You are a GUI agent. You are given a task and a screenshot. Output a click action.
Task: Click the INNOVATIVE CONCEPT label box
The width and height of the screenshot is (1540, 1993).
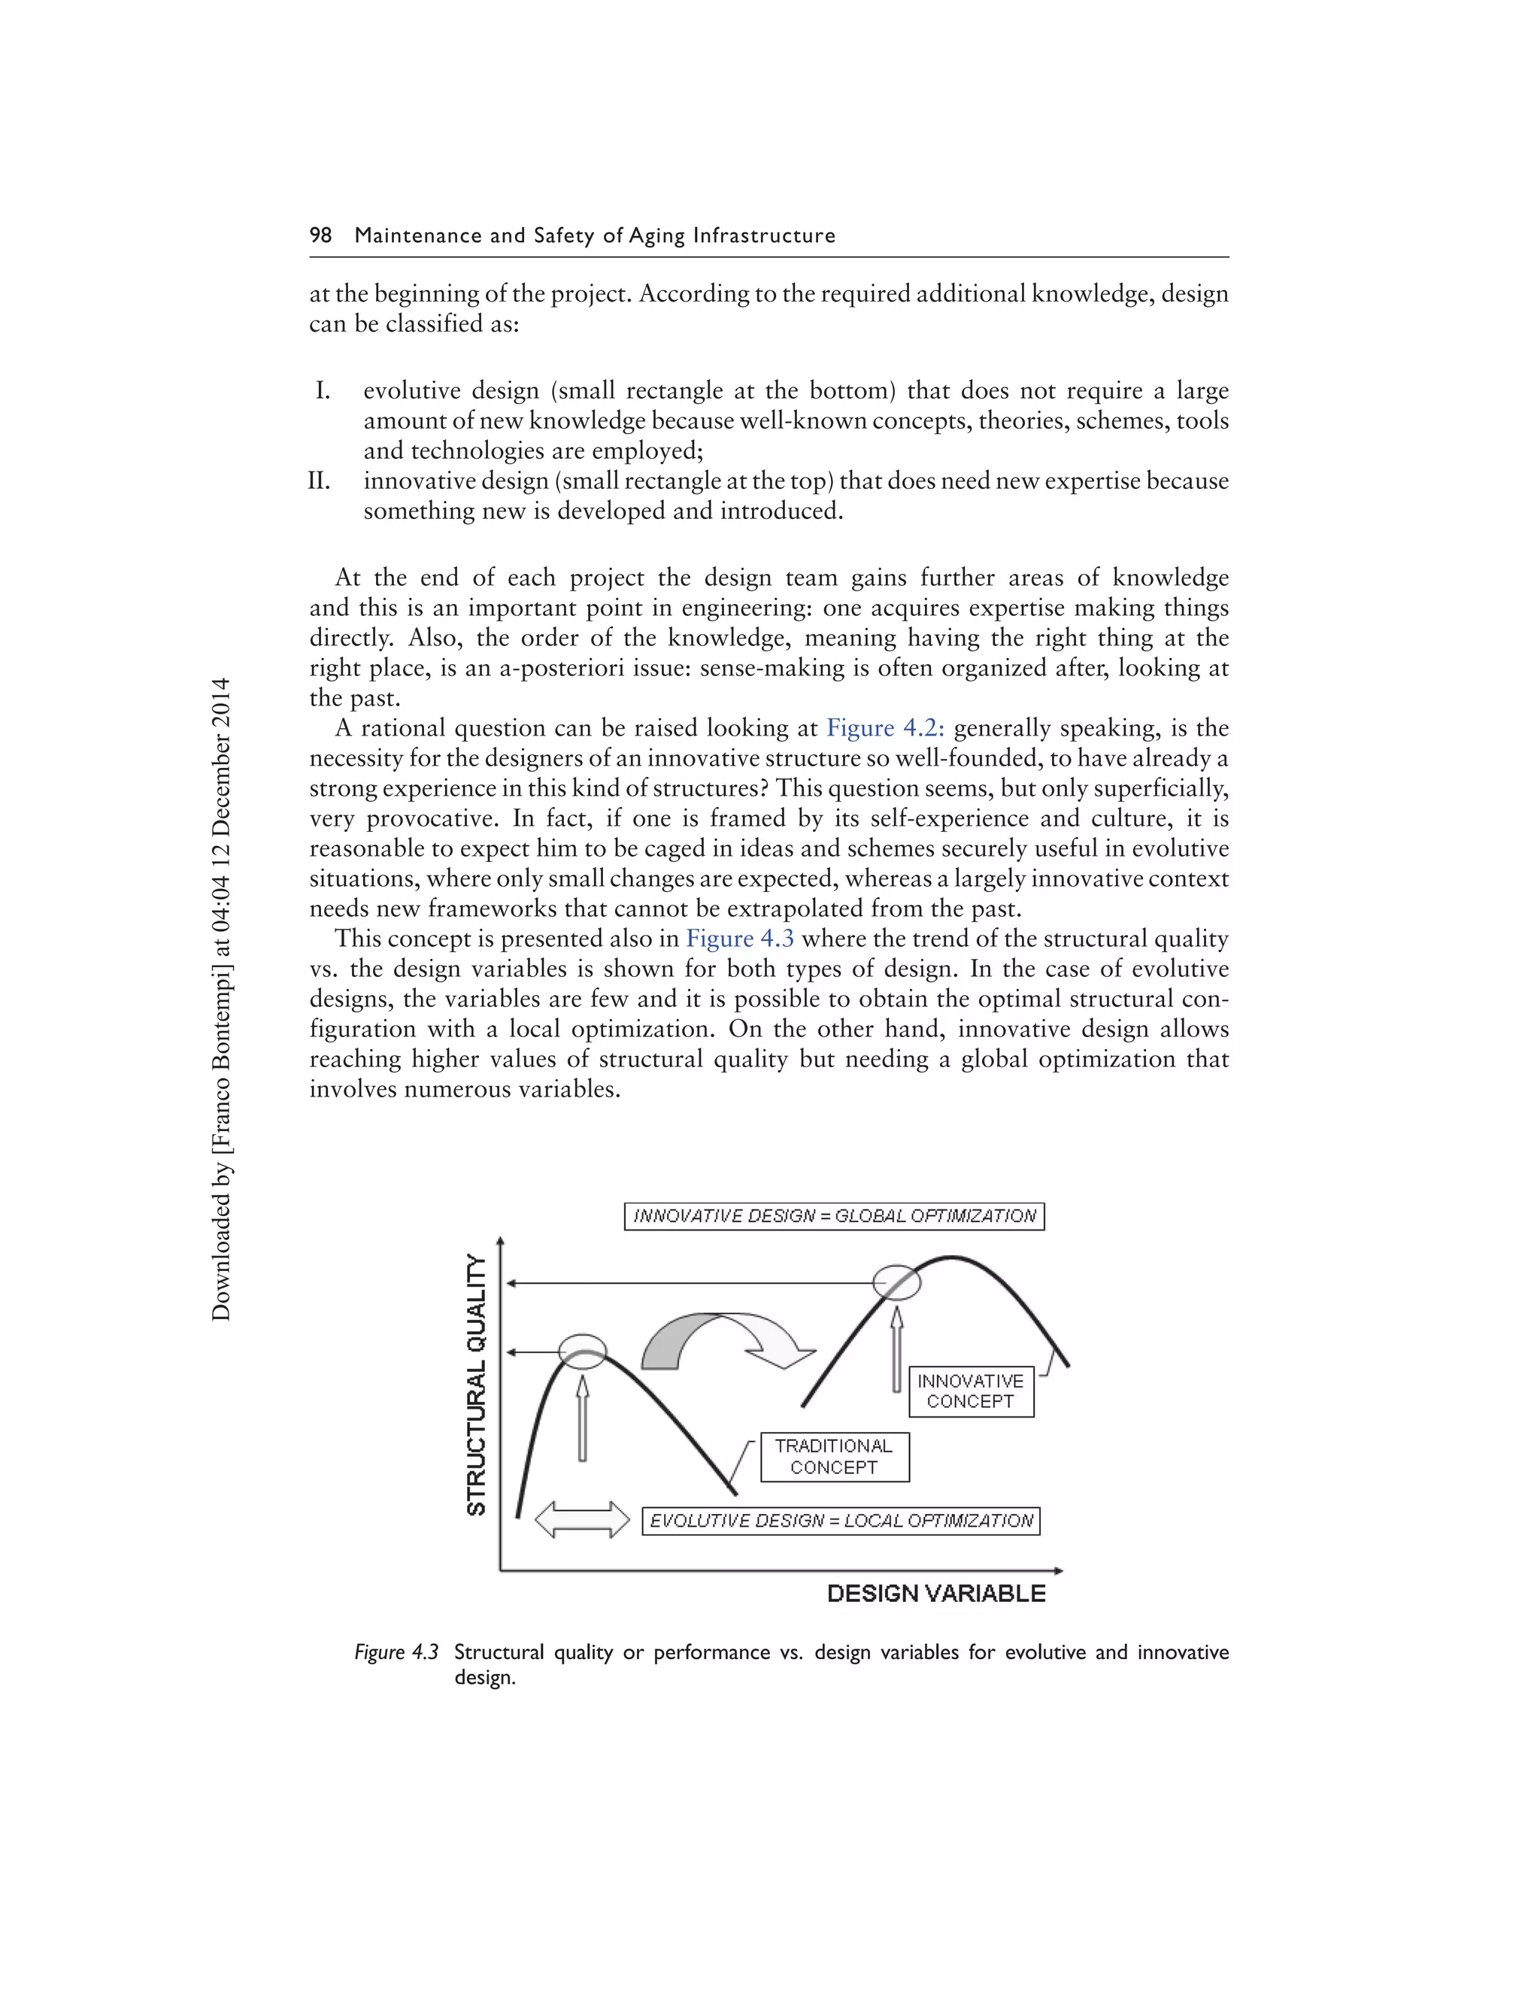click(x=971, y=1391)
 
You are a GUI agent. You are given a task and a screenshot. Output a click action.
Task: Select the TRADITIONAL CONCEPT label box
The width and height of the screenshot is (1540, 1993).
click(x=834, y=1457)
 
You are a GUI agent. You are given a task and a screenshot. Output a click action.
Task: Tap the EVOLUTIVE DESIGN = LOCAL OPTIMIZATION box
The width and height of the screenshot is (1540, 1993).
click(x=841, y=1521)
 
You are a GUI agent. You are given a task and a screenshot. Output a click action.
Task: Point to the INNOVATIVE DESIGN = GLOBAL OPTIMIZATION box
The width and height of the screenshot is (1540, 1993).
click(x=834, y=1216)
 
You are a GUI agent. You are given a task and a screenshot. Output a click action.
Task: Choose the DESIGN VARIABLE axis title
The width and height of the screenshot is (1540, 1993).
click(x=936, y=1594)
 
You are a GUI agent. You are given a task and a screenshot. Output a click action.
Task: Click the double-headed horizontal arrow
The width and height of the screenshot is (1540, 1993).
click(x=582, y=1520)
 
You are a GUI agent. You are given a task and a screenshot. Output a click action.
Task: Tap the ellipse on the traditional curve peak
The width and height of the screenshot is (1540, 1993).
click(x=582, y=1351)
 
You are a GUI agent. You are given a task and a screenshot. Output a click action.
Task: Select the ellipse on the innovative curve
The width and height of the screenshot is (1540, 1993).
click(x=897, y=1283)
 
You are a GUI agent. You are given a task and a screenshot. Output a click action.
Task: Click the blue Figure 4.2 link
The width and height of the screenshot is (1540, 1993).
click(x=885, y=728)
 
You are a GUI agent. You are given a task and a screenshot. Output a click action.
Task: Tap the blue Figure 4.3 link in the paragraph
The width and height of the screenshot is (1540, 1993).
click(x=740, y=939)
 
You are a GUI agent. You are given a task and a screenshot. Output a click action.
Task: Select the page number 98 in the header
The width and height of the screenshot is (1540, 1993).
click(x=320, y=235)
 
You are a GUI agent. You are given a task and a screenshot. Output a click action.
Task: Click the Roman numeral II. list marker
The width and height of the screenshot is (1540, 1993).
click(x=320, y=481)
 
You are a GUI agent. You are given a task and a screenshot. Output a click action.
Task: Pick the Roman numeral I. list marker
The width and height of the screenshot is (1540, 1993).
click(x=323, y=390)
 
